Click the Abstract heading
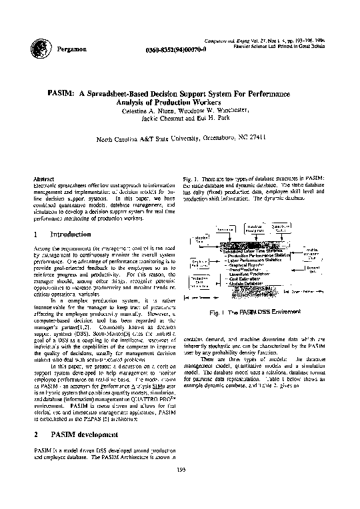pyautogui.click(x=43, y=180)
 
